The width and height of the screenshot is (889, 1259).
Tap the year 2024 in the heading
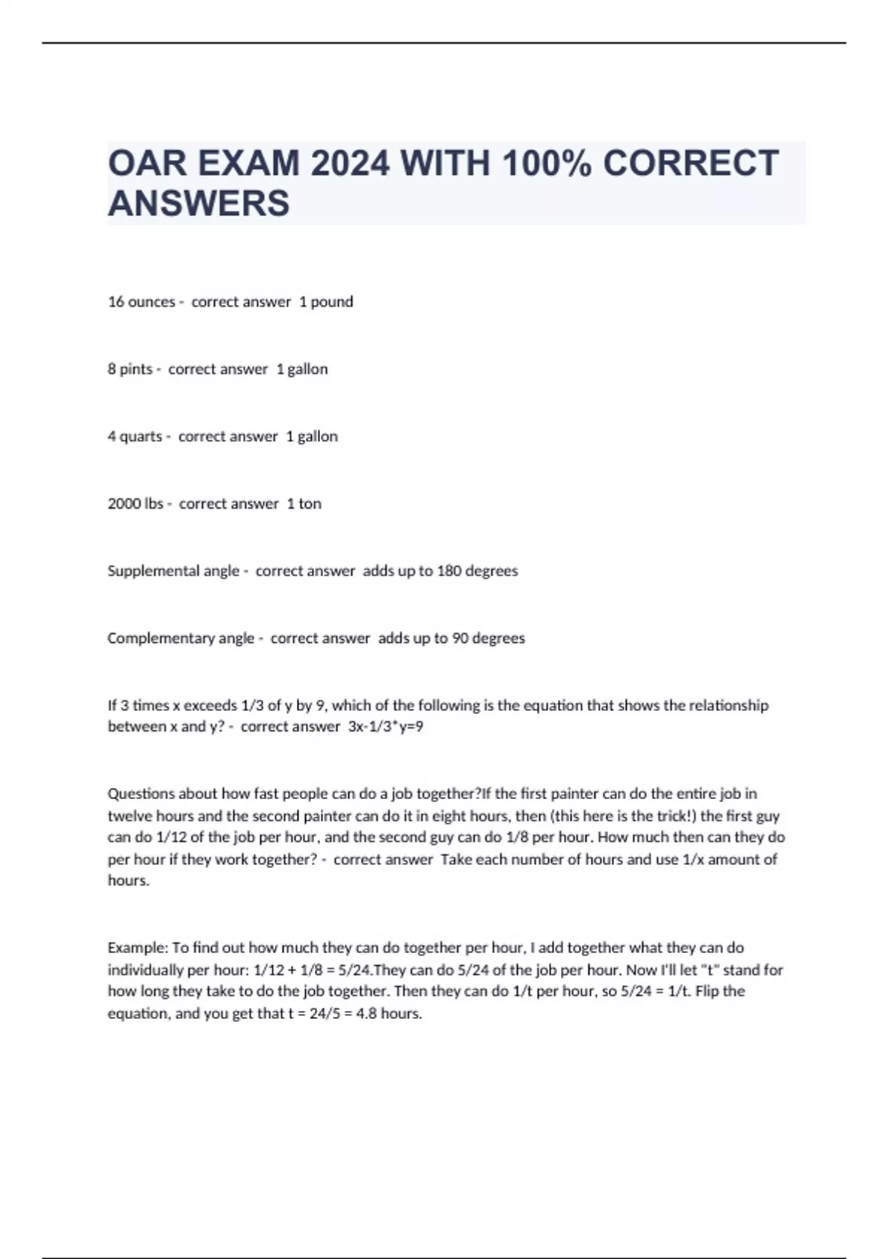[x=350, y=163]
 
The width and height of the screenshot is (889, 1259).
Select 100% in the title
[x=546, y=163]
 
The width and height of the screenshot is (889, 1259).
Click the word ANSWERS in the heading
[x=199, y=204]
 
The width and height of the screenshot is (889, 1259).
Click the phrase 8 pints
[x=130, y=370]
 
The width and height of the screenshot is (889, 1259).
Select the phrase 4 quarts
[x=135, y=437]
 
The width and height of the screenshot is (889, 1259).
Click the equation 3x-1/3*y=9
[x=385, y=727]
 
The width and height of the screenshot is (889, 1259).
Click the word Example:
[x=138, y=948]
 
